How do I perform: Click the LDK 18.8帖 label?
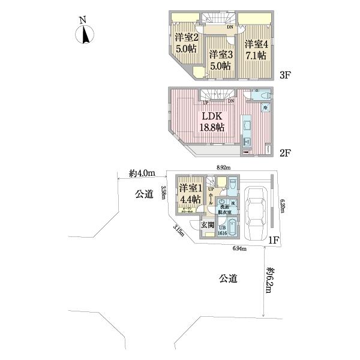coord(212,121)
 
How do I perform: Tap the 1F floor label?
coord(274,241)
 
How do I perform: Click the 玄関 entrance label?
coord(207,224)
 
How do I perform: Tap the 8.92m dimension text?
coord(223,169)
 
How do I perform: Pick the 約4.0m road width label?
coord(142,174)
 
